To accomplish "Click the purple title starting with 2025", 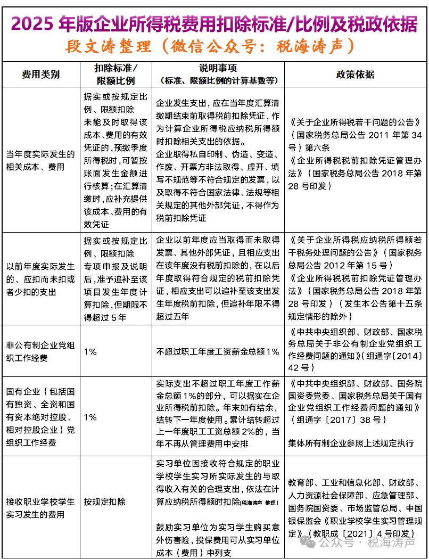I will click(x=214, y=23).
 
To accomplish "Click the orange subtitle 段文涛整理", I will click(x=210, y=46).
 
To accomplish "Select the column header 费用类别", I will click(x=40, y=74).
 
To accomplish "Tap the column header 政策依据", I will click(x=355, y=74).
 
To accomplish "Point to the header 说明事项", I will click(x=218, y=69).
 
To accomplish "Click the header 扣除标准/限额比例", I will click(x=115, y=74).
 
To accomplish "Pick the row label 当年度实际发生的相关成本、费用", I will click(x=40, y=160).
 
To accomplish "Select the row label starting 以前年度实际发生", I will click(x=40, y=278).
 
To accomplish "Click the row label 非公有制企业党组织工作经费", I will click(x=40, y=351).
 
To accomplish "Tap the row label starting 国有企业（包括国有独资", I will click(x=40, y=417).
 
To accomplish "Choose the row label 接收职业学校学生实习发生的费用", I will click(x=40, y=508).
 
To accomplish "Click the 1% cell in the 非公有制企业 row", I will click(x=90, y=352).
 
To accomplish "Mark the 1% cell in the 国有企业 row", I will click(x=90, y=417).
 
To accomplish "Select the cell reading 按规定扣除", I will click(x=105, y=502).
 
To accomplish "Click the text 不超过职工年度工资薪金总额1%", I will click(x=218, y=352).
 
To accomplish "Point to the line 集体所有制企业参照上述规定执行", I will click(x=351, y=443).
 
